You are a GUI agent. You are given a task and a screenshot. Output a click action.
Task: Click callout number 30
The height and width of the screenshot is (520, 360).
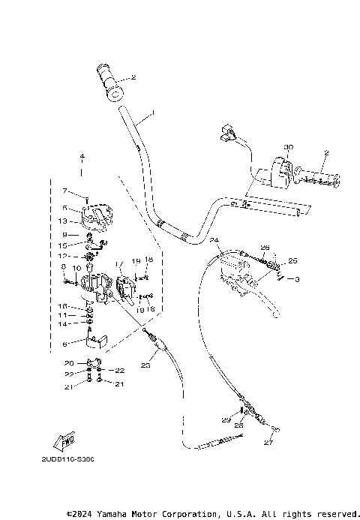(288, 147)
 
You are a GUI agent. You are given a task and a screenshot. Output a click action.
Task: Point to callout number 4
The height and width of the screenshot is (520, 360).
(82, 156)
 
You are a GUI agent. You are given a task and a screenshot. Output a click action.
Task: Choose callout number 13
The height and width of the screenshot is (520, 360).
(64, 221)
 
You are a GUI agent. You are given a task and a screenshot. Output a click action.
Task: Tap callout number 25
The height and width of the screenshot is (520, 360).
(292, 261)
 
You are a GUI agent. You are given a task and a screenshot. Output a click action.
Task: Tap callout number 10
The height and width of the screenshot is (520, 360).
(76, 268)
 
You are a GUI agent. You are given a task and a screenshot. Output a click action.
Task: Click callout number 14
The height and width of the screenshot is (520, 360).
(64, 324)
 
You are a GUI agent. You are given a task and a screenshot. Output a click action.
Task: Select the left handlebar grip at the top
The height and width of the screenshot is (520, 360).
(111, 82)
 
